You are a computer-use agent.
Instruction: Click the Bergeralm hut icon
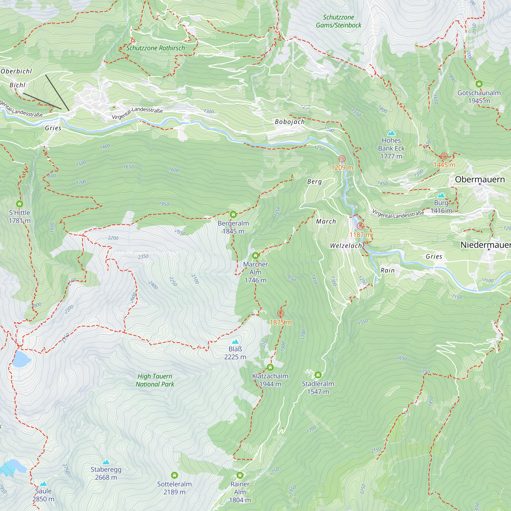(233, 214)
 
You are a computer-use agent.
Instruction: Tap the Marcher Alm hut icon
(255, 255)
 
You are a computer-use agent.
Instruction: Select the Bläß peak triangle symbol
(235, 342)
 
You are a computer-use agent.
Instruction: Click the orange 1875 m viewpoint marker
(281, 314)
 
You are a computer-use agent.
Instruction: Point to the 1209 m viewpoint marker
(342, 159)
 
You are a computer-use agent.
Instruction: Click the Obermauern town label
(480, 179)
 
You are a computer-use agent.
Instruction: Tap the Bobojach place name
(290, 122)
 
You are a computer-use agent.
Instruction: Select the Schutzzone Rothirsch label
(156, 48)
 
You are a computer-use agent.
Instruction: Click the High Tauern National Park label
(155, 380)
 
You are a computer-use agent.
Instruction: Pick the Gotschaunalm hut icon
(479, 84)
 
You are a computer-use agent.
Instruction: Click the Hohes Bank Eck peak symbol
(391, 133)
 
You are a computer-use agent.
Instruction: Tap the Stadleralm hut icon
(318, 375)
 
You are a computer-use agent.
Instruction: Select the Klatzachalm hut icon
(270, 367)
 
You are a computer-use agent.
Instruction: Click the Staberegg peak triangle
(106, 462)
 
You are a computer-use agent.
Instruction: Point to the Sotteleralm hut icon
(174, 475)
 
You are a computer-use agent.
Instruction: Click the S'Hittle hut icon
(20, 204)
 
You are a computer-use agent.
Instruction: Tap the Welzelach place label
(346, 246)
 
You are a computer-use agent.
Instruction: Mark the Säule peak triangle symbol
(43, 483)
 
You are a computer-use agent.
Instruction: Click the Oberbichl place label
(16, 71)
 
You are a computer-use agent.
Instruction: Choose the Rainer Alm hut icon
(240, 475)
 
